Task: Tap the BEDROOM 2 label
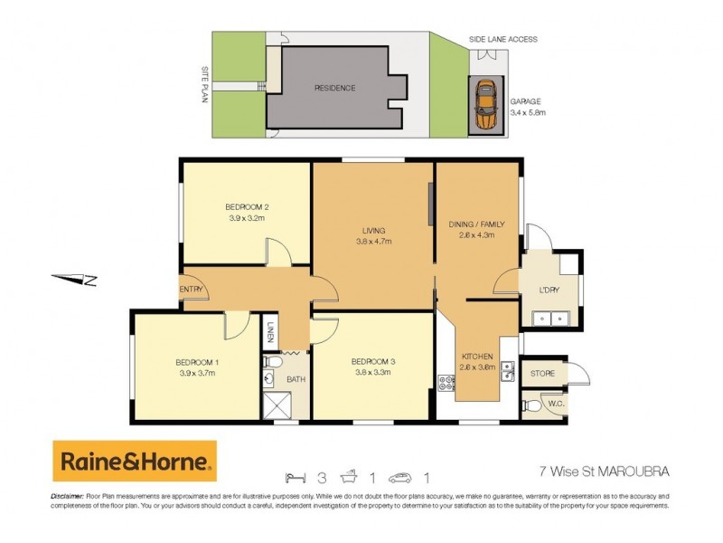tap(248, 206)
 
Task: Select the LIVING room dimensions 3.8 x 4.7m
tap(374, 242)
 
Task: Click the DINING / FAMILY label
tap(476, 224)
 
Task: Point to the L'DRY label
tap(549, 291)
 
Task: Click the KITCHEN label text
tap(478, 357)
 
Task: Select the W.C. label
tap(555, 403)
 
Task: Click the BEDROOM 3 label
tap(374, 361)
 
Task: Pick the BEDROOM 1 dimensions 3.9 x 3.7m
tap(196, 373)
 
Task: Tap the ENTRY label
tap(192, 290)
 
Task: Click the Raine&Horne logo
tap(135, 462)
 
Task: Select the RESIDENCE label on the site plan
tap(334, 88)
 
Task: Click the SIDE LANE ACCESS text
tap(503, 40)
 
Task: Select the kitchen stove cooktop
tap(445, 384)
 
